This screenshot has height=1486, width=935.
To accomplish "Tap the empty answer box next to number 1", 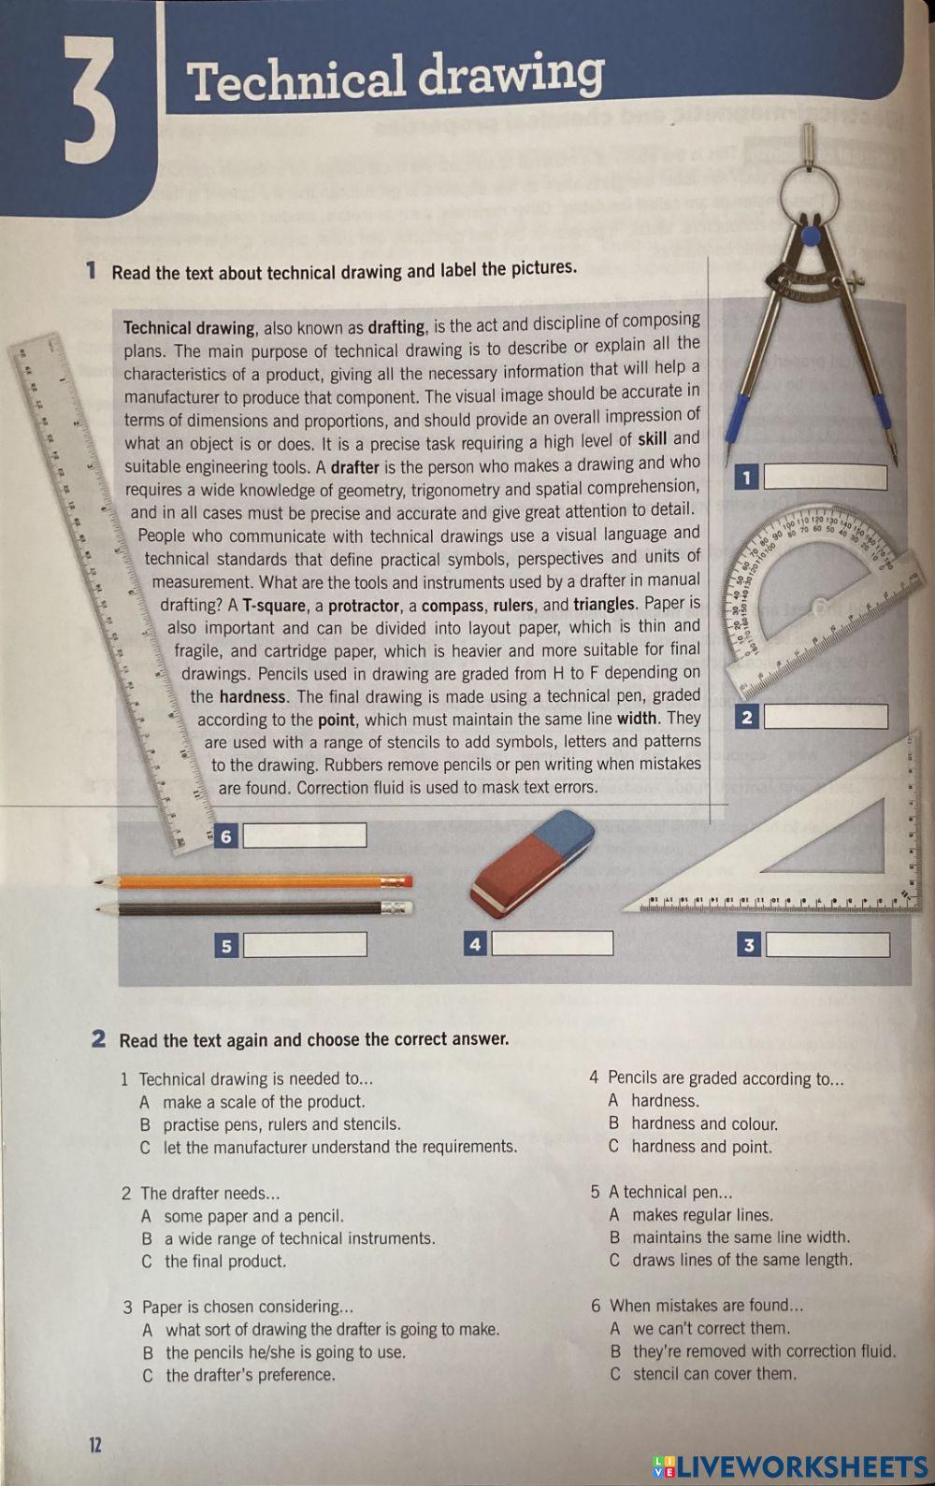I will pos(825,478).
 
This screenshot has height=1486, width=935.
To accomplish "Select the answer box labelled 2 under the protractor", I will pos(825,718).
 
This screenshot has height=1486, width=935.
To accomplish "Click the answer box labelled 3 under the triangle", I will pos(827,945).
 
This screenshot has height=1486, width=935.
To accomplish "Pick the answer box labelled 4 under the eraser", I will pos(552,944).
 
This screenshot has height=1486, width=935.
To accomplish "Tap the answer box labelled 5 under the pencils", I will pos(304,945).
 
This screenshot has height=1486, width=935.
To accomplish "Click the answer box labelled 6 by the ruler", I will pos(304,836).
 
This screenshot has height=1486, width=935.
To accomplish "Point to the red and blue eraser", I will pos(533,862).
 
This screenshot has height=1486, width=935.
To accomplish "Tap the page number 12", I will pos(95,1445).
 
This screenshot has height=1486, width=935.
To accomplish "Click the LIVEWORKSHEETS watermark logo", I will pos(790,1465).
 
